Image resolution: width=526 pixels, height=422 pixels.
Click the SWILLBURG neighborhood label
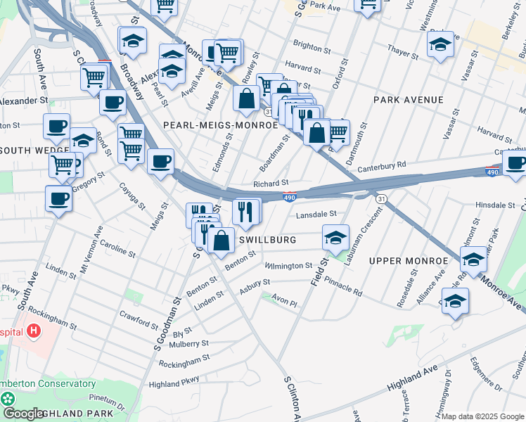(x=267, y=240)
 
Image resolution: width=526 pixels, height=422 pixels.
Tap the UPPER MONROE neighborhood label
(x=408, y=261)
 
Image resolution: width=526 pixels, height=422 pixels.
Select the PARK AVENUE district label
(x=409, y=100)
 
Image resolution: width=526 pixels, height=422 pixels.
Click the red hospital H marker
(x=34, y=330)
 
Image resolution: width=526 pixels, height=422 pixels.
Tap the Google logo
(x=23, y=414)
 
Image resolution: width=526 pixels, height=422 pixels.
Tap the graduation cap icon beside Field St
(x=336, y=238)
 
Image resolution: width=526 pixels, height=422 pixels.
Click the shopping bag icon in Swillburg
(x=221, y=241)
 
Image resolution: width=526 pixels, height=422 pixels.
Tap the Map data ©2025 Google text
(x=482, y=416)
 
